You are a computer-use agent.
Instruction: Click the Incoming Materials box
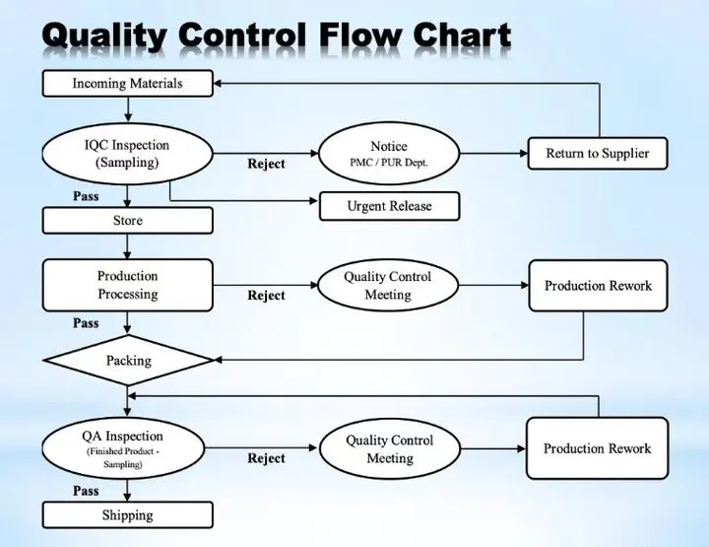[x=127, y=83]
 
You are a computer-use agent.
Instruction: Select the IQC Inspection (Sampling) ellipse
[x=127, y=154]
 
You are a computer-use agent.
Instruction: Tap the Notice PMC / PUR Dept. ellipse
[x=389, y=154]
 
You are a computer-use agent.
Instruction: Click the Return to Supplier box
[x=598, y=154]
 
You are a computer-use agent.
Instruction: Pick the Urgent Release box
[x=389, y=206]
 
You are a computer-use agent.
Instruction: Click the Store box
[x=127, y=221]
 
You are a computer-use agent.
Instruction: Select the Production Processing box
[x=127, y=285]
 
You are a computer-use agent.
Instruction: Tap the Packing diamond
[x=128, y=360]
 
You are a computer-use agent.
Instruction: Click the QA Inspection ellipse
[x=123, y=448]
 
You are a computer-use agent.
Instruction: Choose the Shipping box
[x=127, y=514]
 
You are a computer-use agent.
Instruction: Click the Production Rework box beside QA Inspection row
[x=598, y=448]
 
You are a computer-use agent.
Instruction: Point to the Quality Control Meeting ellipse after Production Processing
[x=388, y=285]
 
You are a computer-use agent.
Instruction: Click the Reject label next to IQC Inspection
[x=266, y=164]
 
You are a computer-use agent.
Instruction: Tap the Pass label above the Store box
[x=86, y=196]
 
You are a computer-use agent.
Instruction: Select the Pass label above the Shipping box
[x=86, y=491]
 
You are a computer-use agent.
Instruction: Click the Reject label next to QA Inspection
[x=266, y=458]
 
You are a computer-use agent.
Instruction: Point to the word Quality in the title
[x=105, y=35]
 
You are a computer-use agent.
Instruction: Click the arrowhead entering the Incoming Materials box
[x=217, y=83]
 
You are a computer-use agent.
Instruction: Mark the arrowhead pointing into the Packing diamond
[x=218, y=360]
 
